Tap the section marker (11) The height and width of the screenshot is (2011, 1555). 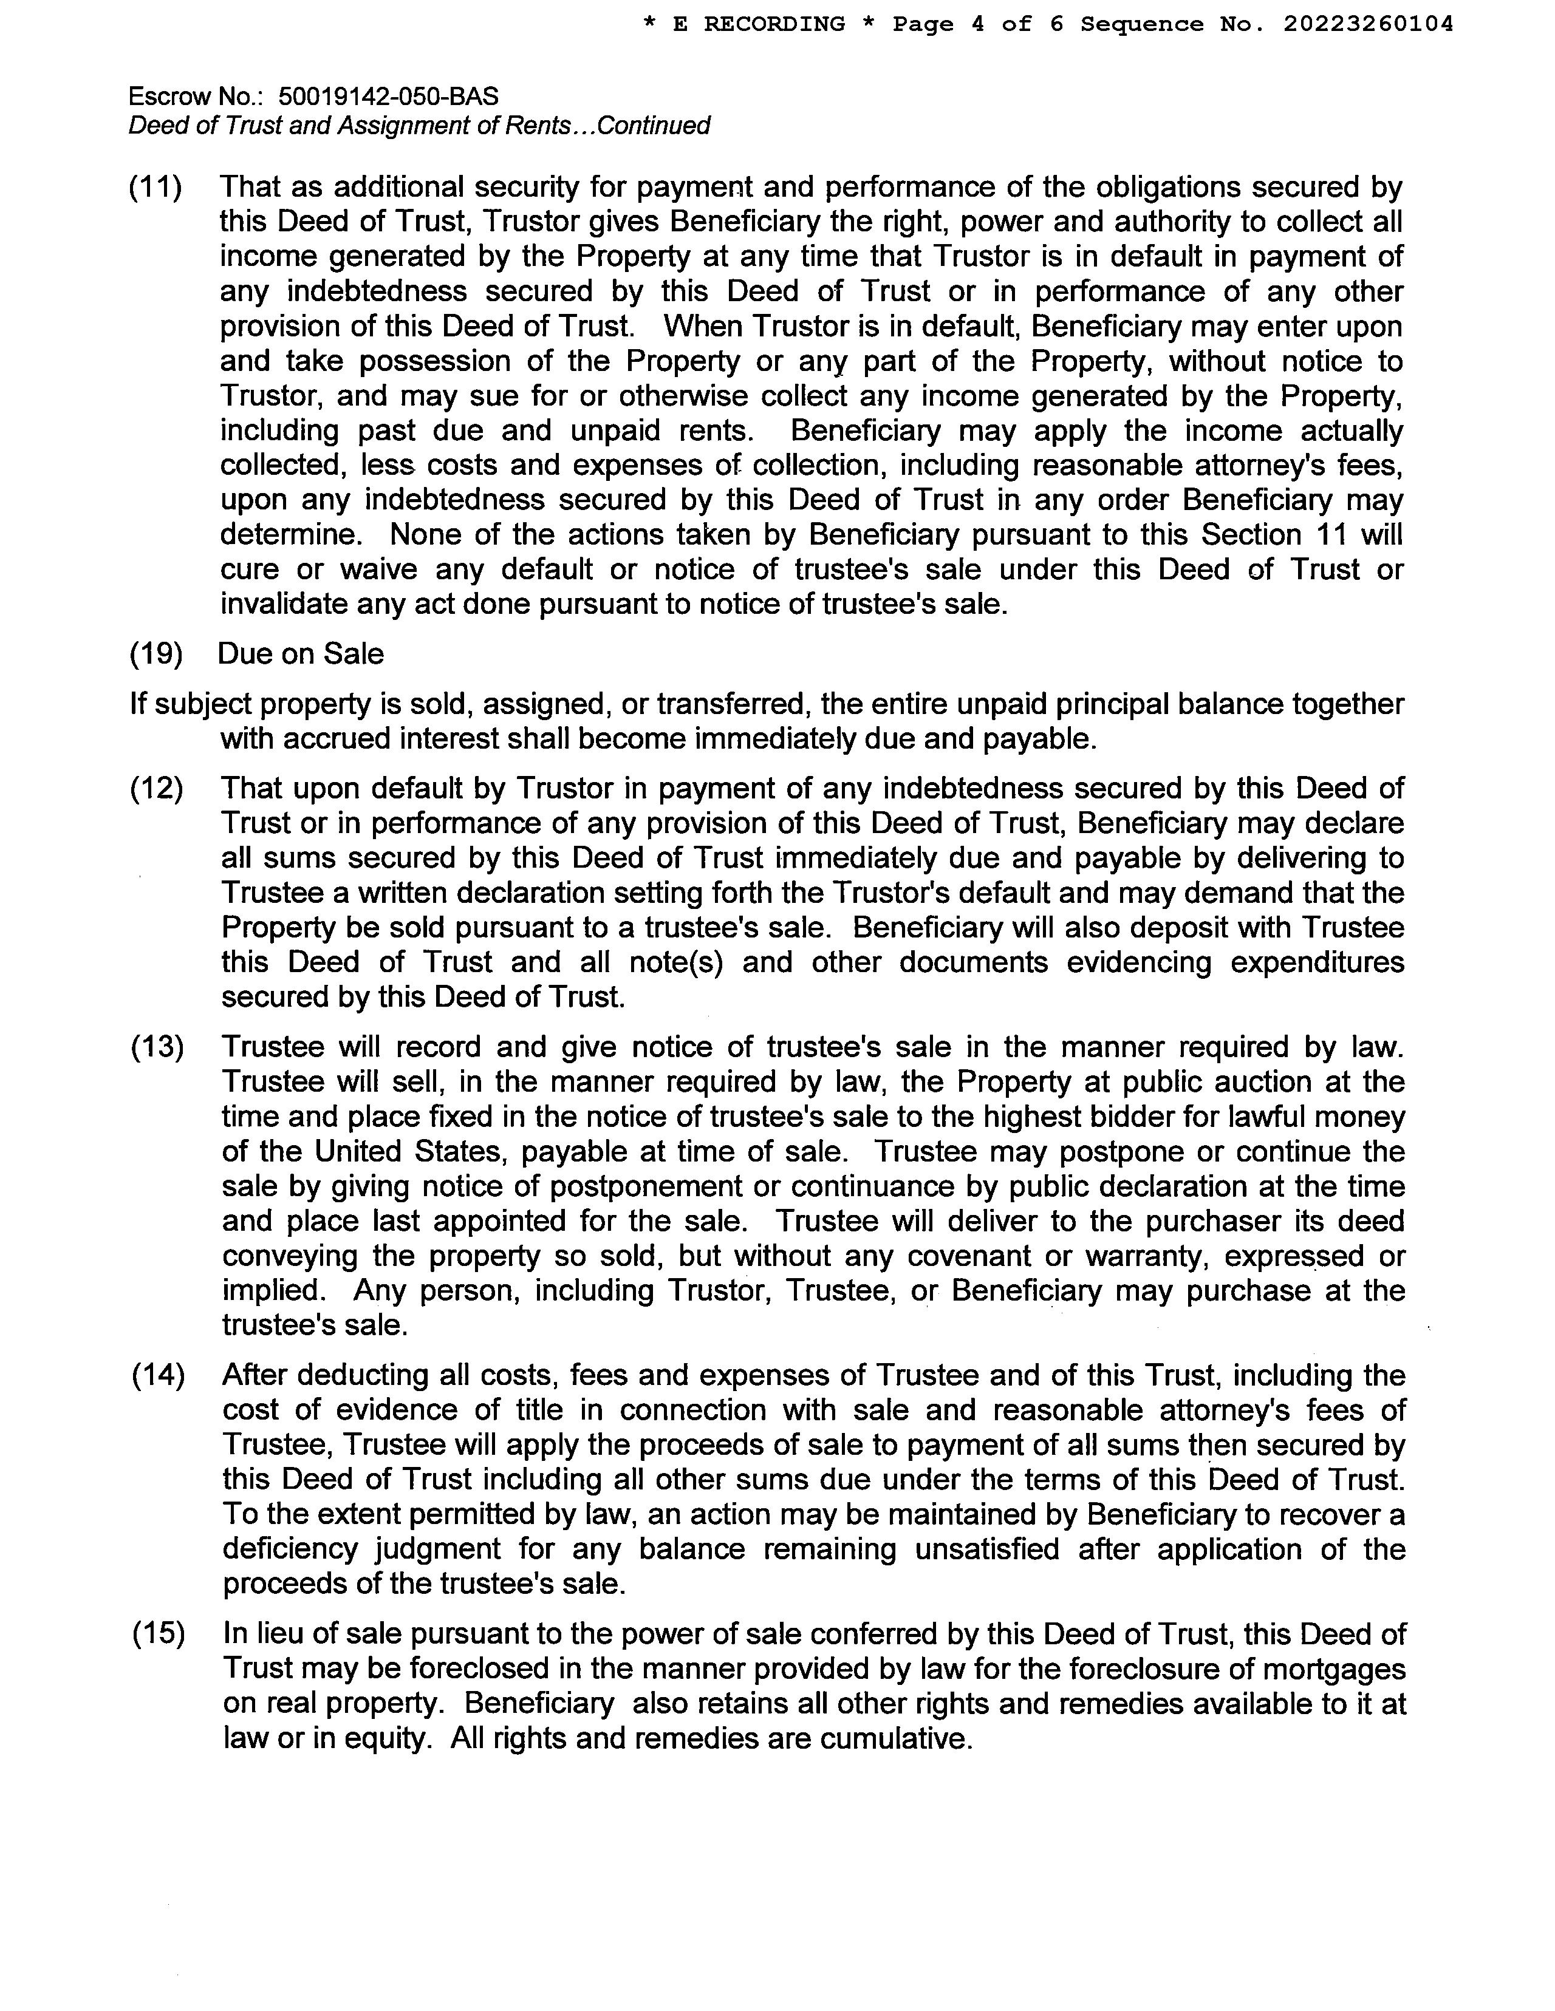click(x=155, y=187)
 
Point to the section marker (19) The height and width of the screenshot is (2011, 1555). click(x=155, y=654)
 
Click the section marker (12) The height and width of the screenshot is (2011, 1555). click(x=157, y=788)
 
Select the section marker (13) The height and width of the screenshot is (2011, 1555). click(x=157, y=1047)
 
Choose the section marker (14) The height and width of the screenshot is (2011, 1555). click(x=157, y=1376)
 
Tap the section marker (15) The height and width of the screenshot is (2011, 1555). click(x=157, y=1635)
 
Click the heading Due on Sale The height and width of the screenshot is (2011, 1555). click(x=300, y=654)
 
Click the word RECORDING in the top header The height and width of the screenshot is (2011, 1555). click(x=774, y=24)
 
